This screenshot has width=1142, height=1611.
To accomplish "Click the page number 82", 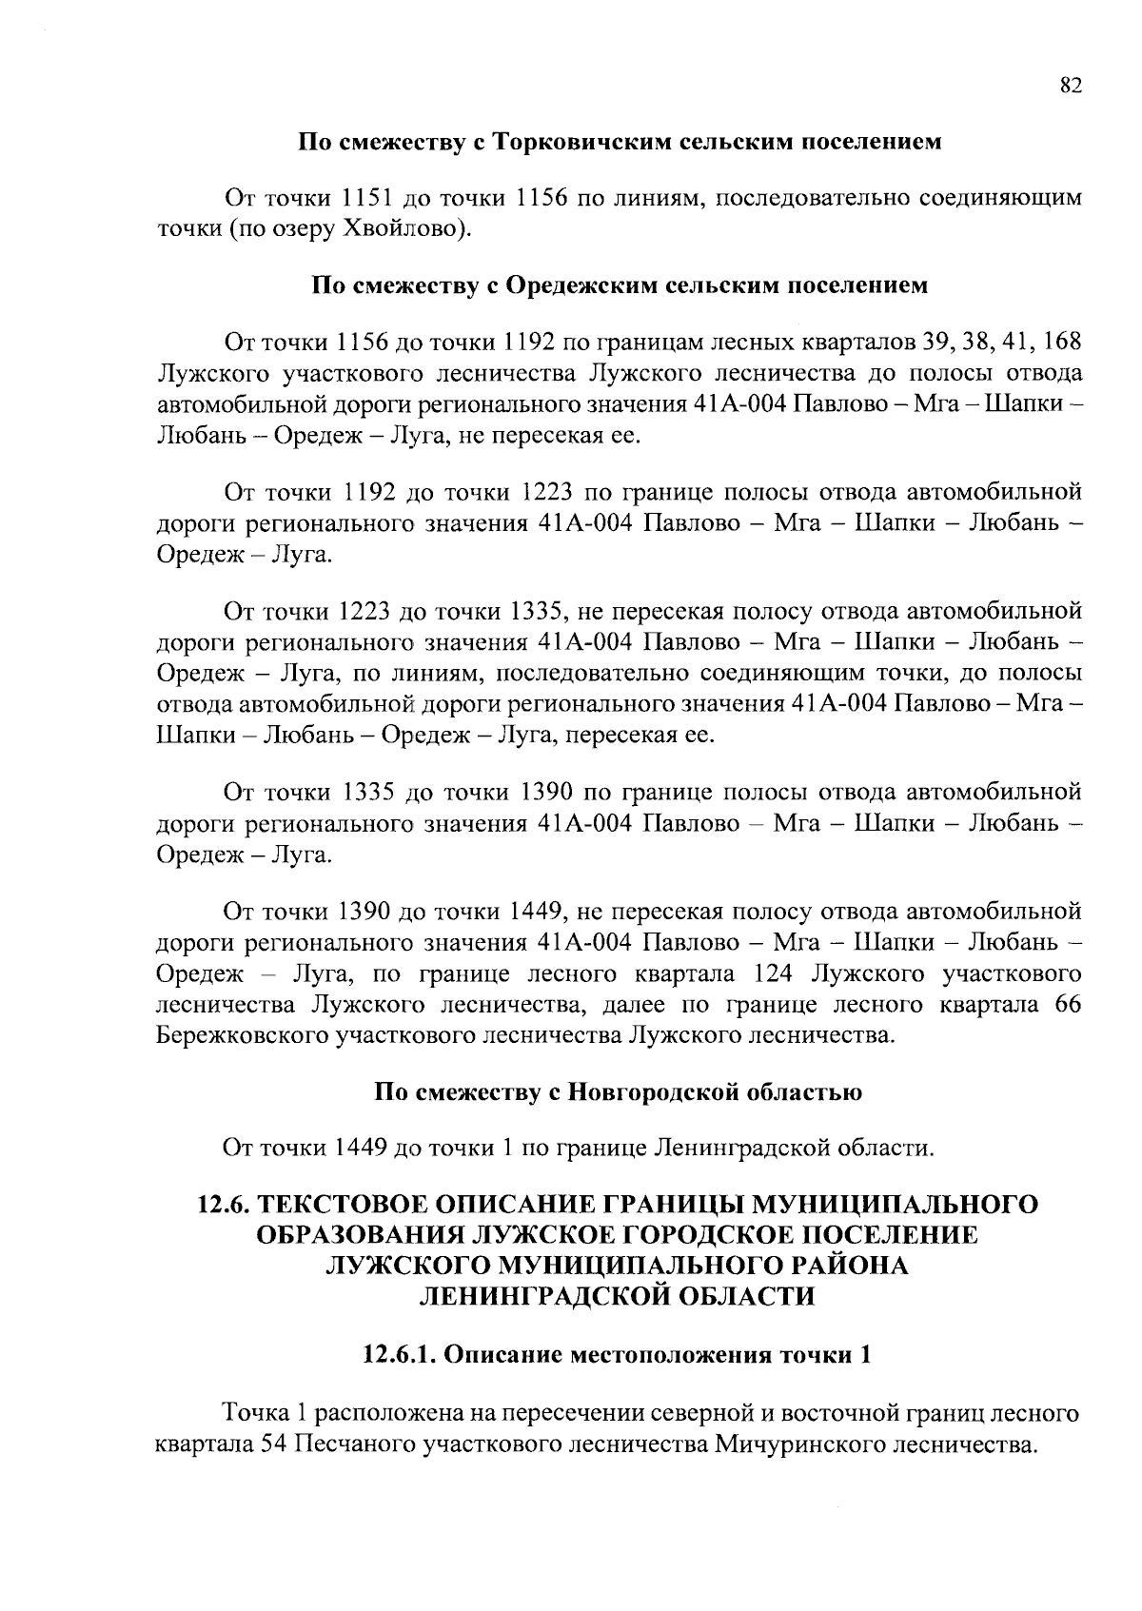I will [1070, 86].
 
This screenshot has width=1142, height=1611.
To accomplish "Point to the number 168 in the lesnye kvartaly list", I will [1063, 341].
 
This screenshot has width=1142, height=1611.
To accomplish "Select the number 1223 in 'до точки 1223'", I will [546, 492].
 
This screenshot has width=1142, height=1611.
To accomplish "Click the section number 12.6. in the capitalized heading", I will [226, 1205].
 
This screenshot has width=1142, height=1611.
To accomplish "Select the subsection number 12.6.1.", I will [397, 1355].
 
